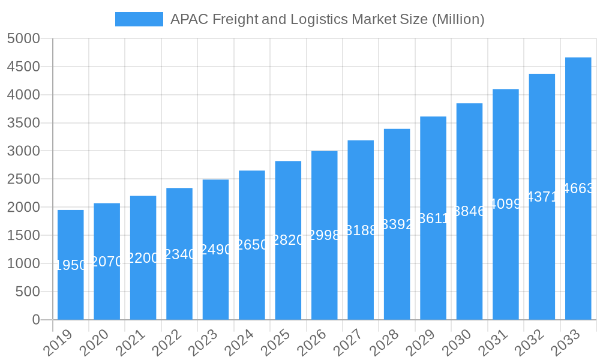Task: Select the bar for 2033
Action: pyautogui.click(x=578, y=252)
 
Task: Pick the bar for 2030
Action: pyautogui.click(x=469, y=264)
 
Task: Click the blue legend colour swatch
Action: pyautogui.click(x=139, y=19)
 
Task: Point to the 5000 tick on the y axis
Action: pyautogui.click(x=23, y=38)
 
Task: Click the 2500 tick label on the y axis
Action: pyautogui.click(x=23, y=179)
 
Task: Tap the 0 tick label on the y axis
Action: pyautogui.click(x=35, y=320)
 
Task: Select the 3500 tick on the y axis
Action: pyautogui.click(x=23, y=123)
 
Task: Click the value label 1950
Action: pyautogui.click(x=71, y=265)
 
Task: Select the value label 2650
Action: pyautogui.click(x=252, y=245)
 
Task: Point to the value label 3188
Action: pyautogui.click(x=361, y=230)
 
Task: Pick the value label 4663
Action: pyautogui.click(x=578, y=188)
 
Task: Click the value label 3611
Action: pyautogui.click(x=433, y=218)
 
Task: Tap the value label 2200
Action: pyautogui.click(x=143, y=258)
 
